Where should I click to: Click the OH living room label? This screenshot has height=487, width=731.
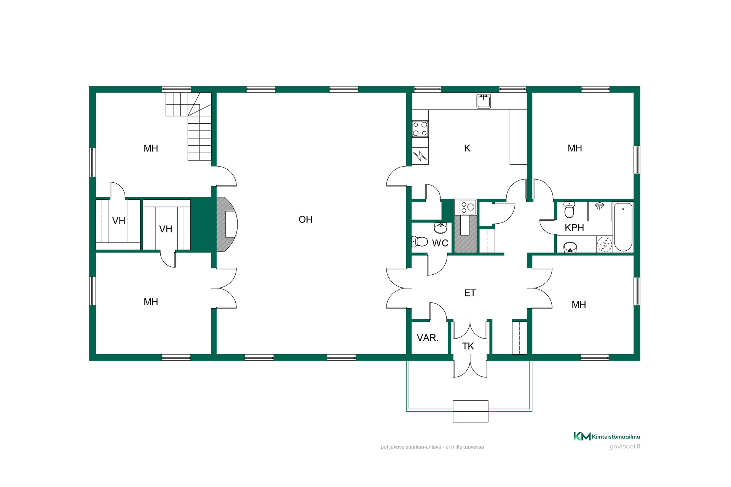[x=305, y=220]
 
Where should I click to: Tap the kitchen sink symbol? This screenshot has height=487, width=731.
[x=484, y=101]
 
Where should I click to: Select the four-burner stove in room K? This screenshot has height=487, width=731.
[x=420, y=129]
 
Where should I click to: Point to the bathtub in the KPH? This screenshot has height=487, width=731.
[x=623, y=227]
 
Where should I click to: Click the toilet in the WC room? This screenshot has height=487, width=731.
[x=420, y=241]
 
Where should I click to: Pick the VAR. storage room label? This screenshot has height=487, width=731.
[x=428, y=338]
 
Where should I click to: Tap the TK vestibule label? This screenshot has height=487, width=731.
[x=468, y=346]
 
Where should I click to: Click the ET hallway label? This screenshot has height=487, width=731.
[x=470, y=293]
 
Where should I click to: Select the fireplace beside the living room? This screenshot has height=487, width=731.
[x=227, y=224]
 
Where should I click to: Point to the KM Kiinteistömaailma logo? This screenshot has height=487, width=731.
[x=607, y=436]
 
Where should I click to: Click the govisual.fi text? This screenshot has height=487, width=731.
[x=625, y=447]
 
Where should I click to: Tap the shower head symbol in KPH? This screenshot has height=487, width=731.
[x=600, y=205]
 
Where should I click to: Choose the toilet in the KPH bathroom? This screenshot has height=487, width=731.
[x=569, y=210]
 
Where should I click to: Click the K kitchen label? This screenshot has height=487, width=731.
[x=467, y=148]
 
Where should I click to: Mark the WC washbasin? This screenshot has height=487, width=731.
[x=441, y=228]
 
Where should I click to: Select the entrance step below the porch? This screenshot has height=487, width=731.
[x=470, y=411]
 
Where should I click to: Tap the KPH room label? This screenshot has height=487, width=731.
[x=574, y=228]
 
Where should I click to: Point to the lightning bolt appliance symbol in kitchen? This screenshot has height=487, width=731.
[x=420, y=156]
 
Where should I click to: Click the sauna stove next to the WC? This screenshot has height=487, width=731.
[x=468, y=207]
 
